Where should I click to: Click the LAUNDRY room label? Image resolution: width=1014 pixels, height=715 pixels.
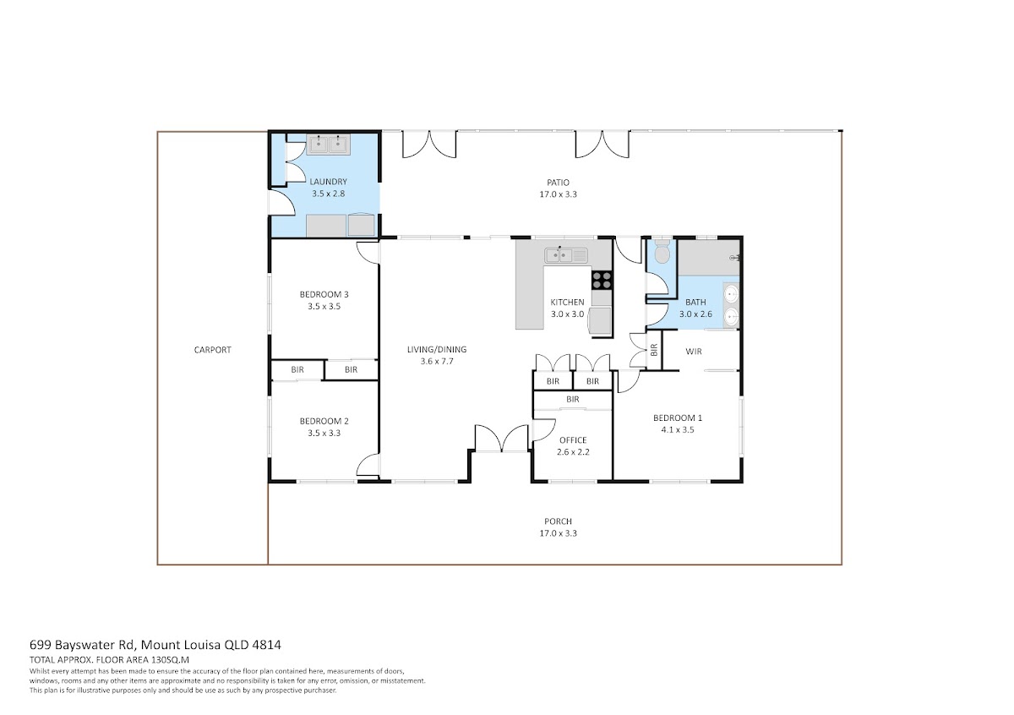coord(328,182)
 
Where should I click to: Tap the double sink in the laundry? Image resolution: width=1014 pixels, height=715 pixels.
coord(328,145)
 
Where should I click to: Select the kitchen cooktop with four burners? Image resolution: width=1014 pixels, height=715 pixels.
coord(602,280)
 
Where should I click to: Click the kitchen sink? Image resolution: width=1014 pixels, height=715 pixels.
coord(566,256)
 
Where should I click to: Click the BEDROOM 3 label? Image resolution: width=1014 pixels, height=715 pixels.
coord(324,294)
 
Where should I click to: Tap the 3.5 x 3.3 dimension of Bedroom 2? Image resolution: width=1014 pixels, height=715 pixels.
coord(324,433)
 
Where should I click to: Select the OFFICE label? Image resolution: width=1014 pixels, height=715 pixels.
coord(573,440)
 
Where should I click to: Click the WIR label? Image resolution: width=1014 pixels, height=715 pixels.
coord(694,352)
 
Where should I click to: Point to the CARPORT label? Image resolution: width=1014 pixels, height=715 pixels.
coord(212,350)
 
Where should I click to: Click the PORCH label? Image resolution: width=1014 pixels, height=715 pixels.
coord(559,521)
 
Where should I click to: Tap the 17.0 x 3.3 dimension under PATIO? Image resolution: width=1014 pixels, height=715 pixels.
coord(559,194)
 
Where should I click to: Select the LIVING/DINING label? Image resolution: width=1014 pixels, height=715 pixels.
coord(437,350)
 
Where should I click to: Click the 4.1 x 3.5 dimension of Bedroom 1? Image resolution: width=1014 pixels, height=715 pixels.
coord(678,429)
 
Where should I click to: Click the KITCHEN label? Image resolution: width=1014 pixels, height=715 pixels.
coord(567,302)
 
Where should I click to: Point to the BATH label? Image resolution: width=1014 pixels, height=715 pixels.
coord(695,302)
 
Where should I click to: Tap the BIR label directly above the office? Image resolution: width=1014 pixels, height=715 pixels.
coord(573,400)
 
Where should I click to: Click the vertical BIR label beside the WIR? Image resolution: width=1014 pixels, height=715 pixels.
coord(654,350)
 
